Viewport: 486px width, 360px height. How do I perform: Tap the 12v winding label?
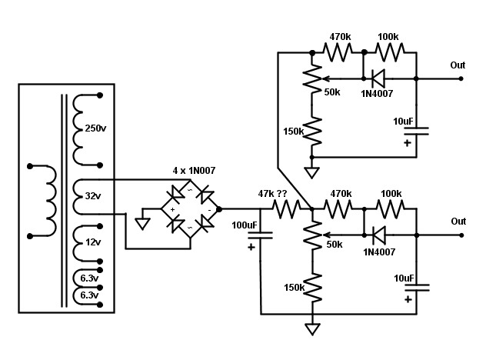(x=94, y=243)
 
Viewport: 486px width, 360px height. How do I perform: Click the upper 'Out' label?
(x=458, y=65)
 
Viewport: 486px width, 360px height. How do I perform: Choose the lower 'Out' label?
(x=458, y=222)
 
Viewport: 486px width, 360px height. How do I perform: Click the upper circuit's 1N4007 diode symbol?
(x=378, y=78)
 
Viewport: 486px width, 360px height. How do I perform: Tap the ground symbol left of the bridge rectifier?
(x=141, y=224)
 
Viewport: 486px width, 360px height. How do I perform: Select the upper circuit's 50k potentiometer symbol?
(x=311, y=78)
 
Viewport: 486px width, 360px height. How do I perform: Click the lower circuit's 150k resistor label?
(x=293, y=288)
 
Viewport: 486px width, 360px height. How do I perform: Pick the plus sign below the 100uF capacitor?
(x=251, y=246)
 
